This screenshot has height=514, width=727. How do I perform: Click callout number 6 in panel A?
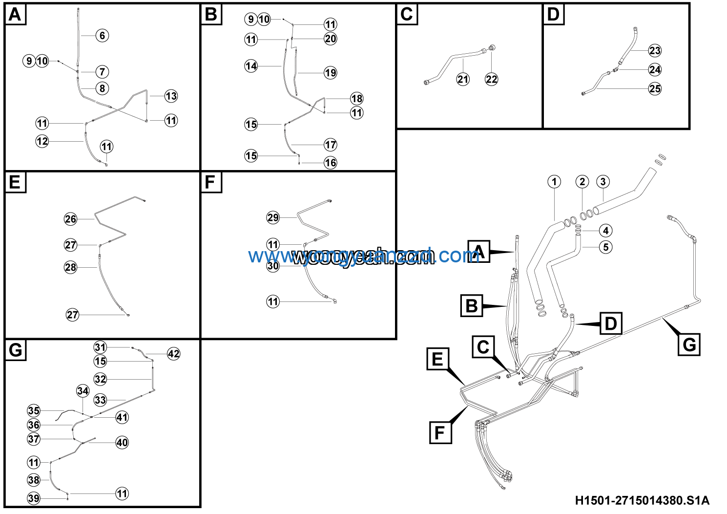pyautogui.click(x=102, y=36)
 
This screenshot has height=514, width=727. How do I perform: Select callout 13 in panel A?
pyautogui.click(x=171, y=96)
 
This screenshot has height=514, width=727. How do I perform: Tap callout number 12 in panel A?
pyautogui.click(x=42, y=141)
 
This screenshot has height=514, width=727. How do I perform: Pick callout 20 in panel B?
pyautogui.click(x=331, y=39)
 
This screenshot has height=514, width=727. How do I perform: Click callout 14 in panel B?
pyautogui.click(x=251, y=66)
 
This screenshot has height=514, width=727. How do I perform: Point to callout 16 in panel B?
pyautogui.click(x=331, y=163)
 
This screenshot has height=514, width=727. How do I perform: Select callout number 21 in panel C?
pyautogui.click(x=463, y=79)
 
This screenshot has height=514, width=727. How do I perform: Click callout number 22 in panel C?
pyautogui.click(x=491, y=79)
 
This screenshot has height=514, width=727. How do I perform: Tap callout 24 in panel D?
pyautogui.click(x=655, y=70)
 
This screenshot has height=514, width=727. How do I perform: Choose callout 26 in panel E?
pyautogui.click(x=71, y=219)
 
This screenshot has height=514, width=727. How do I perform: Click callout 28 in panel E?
pyautogui.click(x=71, y=267)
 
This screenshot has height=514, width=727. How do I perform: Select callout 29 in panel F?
pyautogui.click(x=273, y=217)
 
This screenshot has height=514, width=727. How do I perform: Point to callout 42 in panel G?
pyautogui.click(x=173, y=354)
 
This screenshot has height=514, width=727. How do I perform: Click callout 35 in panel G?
pyautogui.click(x=34, y=410)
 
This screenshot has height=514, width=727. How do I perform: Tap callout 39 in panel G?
pyautogui.click(x=34, y=498)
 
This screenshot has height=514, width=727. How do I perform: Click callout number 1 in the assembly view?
pyautogui.click(x=554, y=182)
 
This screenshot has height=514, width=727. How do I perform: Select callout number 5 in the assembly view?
pyautogui.click(x=605, y=247)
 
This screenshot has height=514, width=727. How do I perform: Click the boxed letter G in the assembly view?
pyautogui.click(x=689, y=344)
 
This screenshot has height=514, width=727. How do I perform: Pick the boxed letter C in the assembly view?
pyautogui.click(x=483, y=347)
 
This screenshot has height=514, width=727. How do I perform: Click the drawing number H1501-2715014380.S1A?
pyautogui.click(x=642, y=500)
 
